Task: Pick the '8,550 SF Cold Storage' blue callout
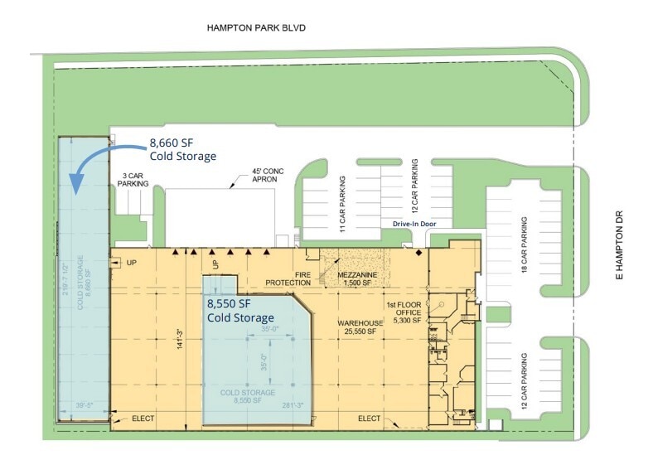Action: pyautogui.click(x=239, y=311)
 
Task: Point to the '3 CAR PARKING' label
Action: pyautogui.click(x=135, y=180)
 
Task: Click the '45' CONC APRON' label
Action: pyautogui.click(x=268, y=177)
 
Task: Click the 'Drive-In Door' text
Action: pyautogui.click(x=414, y=224)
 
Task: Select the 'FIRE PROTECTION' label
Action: pyautogui.click(x=287, y=278)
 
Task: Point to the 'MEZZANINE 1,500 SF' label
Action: pyautogui.click(x=359, y=278)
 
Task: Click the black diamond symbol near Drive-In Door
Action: pyautogui.click(x=418, y=251)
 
